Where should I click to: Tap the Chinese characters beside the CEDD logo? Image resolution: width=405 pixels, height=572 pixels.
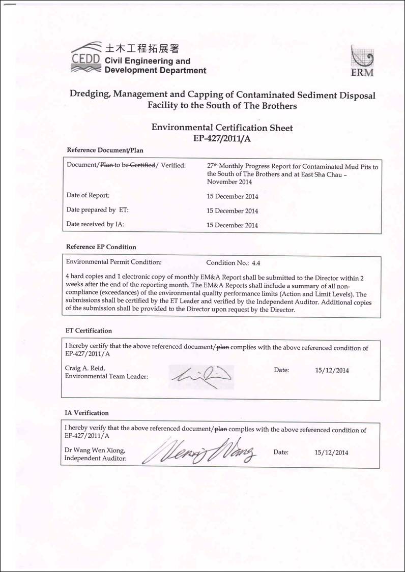(x=142, y=49)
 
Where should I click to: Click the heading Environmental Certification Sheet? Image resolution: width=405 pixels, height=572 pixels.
(x=222, y=128)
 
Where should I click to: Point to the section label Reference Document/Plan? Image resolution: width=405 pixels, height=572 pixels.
(x=105, y=150)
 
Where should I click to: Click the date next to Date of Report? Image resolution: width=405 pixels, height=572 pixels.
(x=232, y=196)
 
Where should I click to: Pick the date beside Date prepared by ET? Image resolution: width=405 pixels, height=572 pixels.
(x=232, y=211)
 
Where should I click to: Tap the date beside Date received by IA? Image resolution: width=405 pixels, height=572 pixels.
(x=232, y=225)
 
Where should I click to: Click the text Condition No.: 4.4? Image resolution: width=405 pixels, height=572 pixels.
(x=233, y=263)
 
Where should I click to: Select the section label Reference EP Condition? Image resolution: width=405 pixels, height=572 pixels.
(x=101, y=247)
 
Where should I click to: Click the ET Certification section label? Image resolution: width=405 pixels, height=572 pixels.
(x=89, y=331)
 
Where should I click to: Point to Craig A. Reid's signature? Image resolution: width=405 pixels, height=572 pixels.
(x=200, y=375)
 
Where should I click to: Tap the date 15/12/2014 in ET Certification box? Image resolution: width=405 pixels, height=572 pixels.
(x=332, y=371)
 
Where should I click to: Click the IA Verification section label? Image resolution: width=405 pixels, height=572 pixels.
(x=86, y=413)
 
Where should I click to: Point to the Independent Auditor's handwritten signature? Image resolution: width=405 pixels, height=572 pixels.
(x=204, y=450)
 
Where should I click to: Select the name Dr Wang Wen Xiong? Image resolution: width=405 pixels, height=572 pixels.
(x=95, y=450)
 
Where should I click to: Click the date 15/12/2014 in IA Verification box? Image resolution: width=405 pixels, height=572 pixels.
(x=332, y=452)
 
